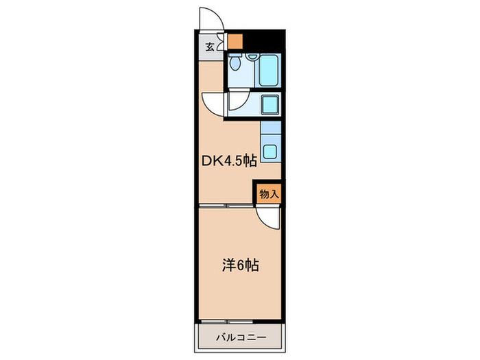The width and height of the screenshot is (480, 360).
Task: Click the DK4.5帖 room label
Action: (229, 162)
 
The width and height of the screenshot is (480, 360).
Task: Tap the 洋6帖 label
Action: (239, 265)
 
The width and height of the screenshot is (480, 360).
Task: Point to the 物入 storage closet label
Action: (269, 194)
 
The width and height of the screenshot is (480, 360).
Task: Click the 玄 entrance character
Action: (208, 47)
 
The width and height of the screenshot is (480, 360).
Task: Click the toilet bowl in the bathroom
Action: (235, 64)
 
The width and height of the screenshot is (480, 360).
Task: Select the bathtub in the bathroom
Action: (268, 69)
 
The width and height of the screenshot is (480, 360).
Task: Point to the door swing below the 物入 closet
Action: (269, 219)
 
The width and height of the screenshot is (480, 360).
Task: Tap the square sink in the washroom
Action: (269, 104)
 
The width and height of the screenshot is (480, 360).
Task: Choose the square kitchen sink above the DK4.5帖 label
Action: (271, 152)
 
